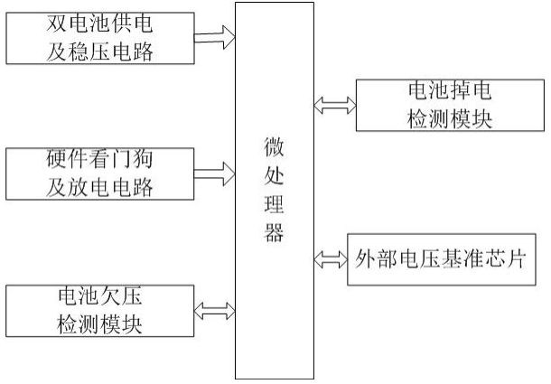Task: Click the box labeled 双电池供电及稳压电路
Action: pyautogui.click(x=100, y=37)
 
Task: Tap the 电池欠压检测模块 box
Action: pyautogui.click(x=99, y=310)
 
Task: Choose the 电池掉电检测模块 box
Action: pyautogui.click(x=449, y=105)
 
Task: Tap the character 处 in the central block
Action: pyautogui.click(x=275, y=177)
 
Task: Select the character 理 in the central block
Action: pyautogui.click(x=275, y=207)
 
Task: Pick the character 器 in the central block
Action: pyautogui.click(x=275, y=235)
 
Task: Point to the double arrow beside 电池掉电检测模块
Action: pyautogui.click(x=332, y=105)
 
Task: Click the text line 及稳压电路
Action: pyautogui.click(x=99, y=52)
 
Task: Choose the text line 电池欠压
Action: pyautogui.click(x=99, y=295)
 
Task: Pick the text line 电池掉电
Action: pyautogui.click(x=449, y=90)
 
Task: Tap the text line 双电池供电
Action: pyautogui.click(x=99, y=23)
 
